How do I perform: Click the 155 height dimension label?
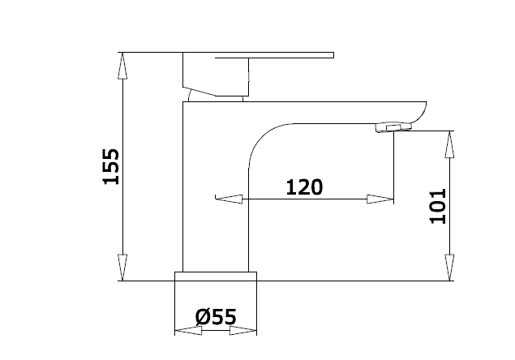(111, 166)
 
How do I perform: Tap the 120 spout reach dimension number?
(304, 187)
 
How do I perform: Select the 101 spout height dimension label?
(438, 206)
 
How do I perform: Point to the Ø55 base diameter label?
(216, 317)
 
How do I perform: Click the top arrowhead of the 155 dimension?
(122, 66)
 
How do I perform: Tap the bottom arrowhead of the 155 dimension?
(122, 268)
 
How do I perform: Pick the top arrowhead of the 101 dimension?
(449, 144)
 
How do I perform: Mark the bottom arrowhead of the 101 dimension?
(449, 268)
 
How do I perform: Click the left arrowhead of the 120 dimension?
(229, 199)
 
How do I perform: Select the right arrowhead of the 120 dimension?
(380, 199)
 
